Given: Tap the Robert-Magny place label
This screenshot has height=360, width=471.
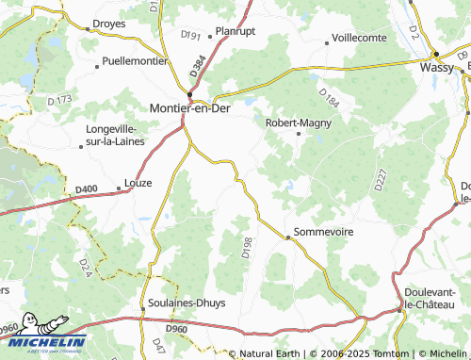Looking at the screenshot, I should (299, 122).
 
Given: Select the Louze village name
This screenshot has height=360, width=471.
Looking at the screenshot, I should (138, 184).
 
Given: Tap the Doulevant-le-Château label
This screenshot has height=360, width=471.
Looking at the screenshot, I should (430, 298).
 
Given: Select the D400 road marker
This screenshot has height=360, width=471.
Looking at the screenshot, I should (85, 189).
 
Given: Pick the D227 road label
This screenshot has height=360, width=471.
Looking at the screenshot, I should (381, 180).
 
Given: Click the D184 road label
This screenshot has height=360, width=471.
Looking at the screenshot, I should (328, 97).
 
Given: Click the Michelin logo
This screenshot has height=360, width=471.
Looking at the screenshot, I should (44, 343).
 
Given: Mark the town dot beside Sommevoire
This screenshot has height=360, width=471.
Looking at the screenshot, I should (288, 237).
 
